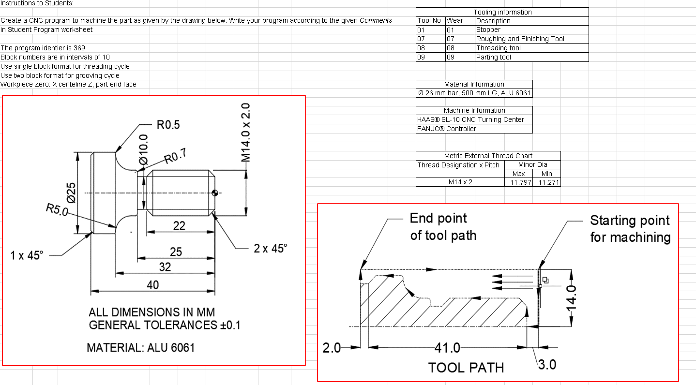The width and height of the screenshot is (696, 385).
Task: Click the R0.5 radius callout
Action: pyautogui.click(x=168, y=125)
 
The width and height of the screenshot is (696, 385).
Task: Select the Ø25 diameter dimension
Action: pyautogui.click(x=71, y=192)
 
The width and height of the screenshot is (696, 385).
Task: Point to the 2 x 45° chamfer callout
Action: pyautogui.click(x=270, y=248)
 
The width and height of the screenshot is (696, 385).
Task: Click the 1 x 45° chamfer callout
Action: pyautogui.click(x=27, y=255)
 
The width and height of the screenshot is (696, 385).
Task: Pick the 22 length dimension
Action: pyautogui.click(x=179, y=226)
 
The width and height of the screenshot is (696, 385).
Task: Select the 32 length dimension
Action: pyautogui.click(x=165, y=267)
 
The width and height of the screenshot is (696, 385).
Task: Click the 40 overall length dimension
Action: pyautogui.click(x=152, y=285)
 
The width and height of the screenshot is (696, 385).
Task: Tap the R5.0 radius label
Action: pyautogui.click(x=57, y=210)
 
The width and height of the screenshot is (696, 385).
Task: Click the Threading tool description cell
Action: pyautogui.click(x=499, y=48)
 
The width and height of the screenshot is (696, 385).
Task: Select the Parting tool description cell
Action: pyautogui.click(x=494, y=57)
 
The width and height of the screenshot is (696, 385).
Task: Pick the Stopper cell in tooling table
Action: pyautogui.click(x=488, y=30)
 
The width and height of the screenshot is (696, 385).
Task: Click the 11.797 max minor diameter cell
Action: pyautogui.click(x=518, y=182)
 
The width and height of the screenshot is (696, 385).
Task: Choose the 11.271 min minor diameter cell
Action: pyautogui.click(x=546, y=182)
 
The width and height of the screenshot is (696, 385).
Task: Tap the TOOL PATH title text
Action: pyautogui.click(x=466, y=368)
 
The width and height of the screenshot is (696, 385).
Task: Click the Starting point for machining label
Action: pyautogui.click(x=630, y=229)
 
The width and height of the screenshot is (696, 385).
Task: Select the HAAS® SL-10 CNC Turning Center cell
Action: pyautogui.click(x=470, y=119)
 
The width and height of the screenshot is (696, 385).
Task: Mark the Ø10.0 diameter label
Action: pyautogui.click(x=143, y=150)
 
